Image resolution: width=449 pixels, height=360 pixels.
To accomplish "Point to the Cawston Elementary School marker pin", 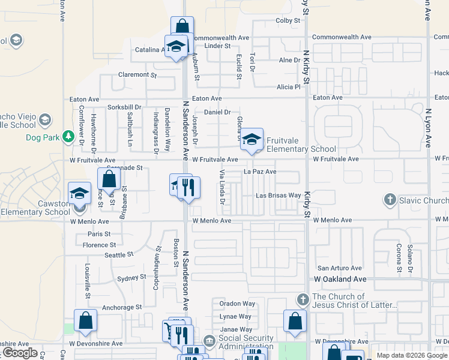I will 79,194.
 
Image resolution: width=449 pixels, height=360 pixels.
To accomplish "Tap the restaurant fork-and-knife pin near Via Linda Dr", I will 189,187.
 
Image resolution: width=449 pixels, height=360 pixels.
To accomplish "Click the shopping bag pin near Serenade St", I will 109,179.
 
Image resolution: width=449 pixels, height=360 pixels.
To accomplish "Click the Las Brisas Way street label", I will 278,196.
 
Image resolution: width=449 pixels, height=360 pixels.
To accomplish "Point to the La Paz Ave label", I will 259,172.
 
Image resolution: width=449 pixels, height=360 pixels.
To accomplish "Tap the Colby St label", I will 288,20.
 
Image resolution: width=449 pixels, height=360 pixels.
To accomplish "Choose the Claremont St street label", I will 137,75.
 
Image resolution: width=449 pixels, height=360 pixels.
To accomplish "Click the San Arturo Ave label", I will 340,268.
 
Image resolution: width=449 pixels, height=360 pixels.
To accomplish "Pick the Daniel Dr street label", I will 217,112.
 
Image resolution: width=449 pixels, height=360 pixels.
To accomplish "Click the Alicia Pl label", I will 288,87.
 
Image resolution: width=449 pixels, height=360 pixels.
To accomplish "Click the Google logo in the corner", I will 20,353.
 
